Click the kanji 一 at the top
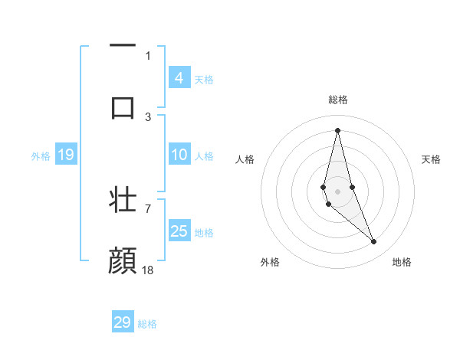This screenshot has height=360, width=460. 123,46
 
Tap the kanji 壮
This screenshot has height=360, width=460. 123,199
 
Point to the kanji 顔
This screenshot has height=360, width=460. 123,260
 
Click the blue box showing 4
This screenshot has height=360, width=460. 179,77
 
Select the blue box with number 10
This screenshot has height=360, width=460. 179,155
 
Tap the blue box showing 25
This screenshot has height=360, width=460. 179,231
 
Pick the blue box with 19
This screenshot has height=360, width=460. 65,155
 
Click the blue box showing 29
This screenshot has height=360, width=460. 123,322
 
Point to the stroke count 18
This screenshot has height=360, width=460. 148,270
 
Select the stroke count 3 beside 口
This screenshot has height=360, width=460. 148,116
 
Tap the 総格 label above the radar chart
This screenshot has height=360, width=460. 337,100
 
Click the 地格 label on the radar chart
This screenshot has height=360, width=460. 402,262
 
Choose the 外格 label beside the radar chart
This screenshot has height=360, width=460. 270,262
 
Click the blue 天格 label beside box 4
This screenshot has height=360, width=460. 204,79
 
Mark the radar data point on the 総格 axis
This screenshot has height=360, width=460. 337,129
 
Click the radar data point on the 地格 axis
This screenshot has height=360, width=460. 374,242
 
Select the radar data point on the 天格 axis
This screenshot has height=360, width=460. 352,187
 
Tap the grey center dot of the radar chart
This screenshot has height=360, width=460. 337,191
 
